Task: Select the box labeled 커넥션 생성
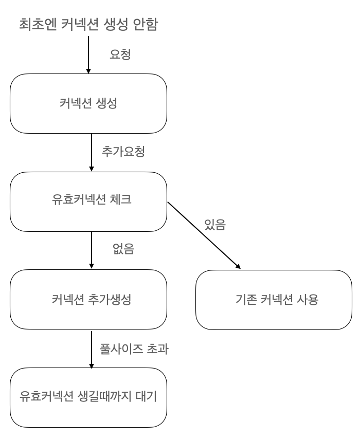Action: (88, 103)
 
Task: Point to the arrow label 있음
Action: (214, 225)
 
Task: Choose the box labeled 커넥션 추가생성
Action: (88, 300)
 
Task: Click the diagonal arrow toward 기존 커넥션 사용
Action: (204, 235)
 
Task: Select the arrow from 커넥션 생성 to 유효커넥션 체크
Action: (92, 152)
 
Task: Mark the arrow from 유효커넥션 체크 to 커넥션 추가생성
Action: (92, 250)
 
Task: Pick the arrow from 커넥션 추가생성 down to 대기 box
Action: (92, 349)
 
